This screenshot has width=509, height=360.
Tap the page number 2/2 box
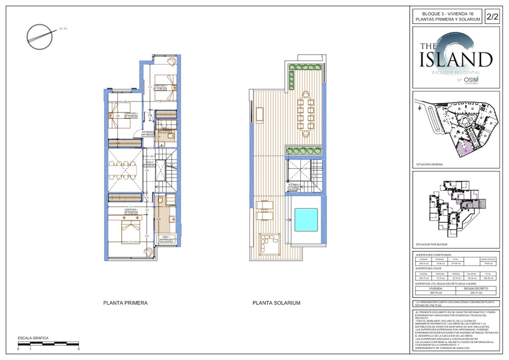pos(492,17)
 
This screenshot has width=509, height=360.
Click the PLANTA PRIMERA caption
pos(126,303)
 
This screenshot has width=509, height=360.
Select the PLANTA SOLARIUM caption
pos(276,303)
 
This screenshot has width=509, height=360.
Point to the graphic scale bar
pos(48,343)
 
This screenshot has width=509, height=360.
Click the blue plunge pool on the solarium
pos(305,219)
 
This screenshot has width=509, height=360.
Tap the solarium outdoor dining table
pos(305,111)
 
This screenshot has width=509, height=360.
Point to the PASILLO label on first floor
pos(149,162)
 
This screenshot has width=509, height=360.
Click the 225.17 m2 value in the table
pos(475,292)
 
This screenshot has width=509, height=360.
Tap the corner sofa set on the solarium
pos(268,243)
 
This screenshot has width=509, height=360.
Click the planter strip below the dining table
pos(304,150)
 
